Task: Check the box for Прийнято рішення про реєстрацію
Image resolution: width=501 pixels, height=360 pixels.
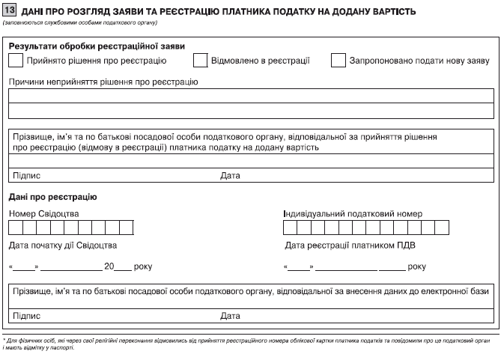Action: [16, 61]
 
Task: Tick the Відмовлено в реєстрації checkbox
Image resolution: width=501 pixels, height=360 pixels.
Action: [200, 61]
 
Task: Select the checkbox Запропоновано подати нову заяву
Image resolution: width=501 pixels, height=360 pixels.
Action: [338, 61]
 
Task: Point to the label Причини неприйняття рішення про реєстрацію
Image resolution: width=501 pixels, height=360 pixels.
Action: [103, 82]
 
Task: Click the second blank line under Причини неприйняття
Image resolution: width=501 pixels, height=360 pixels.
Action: [250, 111]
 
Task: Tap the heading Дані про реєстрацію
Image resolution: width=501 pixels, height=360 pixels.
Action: [52, 197]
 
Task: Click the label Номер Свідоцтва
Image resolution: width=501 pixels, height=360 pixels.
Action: [43, 213]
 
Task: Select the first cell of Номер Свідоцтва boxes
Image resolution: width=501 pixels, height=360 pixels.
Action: [16, 228]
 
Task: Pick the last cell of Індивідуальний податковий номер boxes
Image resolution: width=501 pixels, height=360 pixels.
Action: [441, 228]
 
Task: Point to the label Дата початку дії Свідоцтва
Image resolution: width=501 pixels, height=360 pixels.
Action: [63, 245]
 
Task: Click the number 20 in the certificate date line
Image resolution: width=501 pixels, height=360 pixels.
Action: [109, 266]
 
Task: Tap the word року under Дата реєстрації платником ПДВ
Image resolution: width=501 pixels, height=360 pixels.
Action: [417, 266]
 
